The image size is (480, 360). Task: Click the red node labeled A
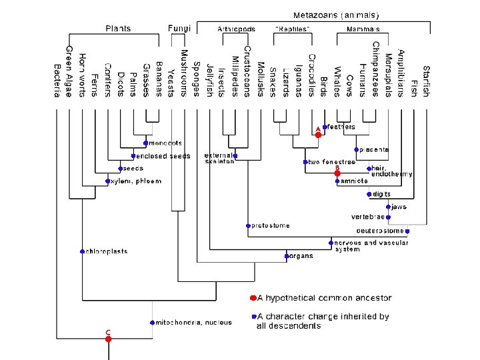(318, 135)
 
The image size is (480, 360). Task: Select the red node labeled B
(337, 173)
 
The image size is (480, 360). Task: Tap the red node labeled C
(108, 339)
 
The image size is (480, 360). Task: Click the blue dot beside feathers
(325, 127)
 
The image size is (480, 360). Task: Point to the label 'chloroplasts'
(105, 251)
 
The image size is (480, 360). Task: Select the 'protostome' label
(270, 226)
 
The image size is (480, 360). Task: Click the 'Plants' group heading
(118, 29)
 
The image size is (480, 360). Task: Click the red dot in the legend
(253, 298)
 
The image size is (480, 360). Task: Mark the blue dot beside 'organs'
(286, 256)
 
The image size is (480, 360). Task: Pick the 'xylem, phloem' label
(129, 181)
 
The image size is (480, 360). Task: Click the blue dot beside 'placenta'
(357, 150)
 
